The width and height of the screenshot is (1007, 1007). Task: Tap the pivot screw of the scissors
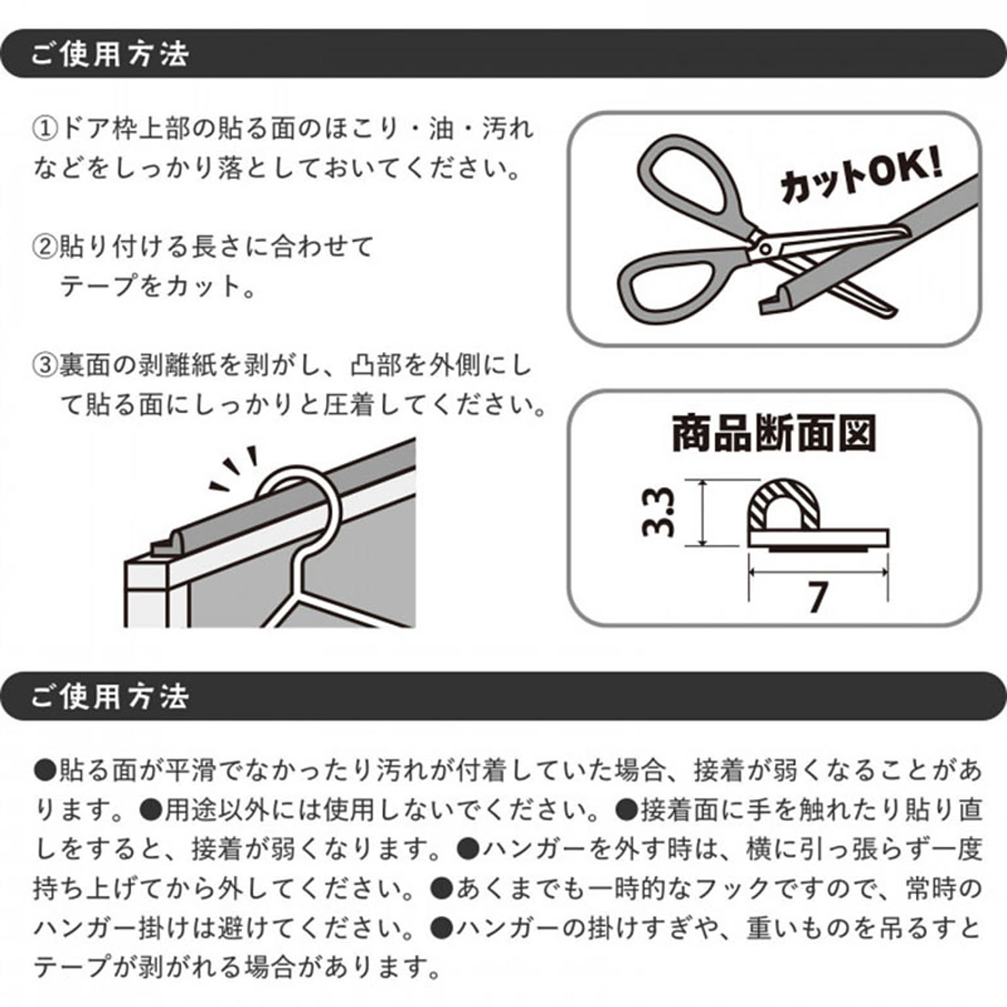(x=764, y=248)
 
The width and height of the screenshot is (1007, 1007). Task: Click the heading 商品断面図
(x=774, y=433)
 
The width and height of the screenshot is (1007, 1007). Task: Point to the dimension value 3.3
(x=658, y=512)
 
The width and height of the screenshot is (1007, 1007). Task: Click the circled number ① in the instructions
(x=45, y=128)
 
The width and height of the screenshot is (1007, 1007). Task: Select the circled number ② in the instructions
(x=45, y=247)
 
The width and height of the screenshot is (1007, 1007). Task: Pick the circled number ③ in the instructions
(x=45, y=365)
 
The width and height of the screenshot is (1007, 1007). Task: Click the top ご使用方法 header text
(x=109, y=54)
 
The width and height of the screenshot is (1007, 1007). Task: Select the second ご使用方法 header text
(x=109, y=696)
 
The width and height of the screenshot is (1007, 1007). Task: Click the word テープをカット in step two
(x=151, y=286)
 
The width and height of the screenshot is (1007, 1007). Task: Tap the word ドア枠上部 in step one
(x=125, y=128)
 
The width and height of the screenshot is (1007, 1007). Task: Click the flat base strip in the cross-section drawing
(x=818, y=538)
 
